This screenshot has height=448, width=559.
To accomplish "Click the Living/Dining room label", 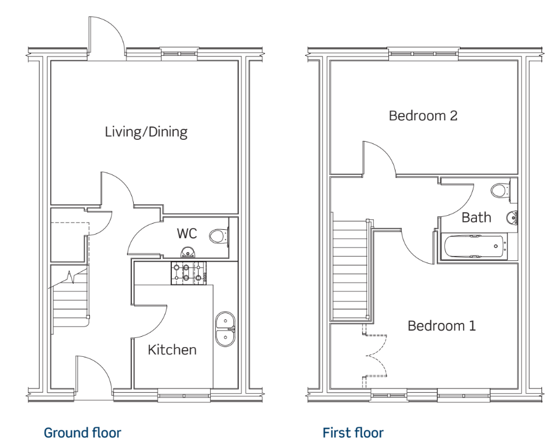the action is coord(146,132).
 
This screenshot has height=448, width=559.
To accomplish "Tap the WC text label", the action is coord(187,233).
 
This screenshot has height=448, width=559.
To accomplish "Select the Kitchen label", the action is coord(172,350).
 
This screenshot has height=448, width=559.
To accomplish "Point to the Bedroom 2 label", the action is coord(423,115).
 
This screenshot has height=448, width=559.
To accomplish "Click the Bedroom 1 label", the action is coord(441,326).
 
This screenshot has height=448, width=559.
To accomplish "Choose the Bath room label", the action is coord(476,217).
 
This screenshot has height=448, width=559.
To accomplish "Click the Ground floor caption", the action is coord(83,433).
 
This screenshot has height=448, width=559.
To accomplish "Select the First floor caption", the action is coord(353,433).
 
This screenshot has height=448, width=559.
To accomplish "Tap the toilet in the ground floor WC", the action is coord(219,236).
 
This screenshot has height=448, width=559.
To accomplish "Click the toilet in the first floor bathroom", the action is coord(502,190).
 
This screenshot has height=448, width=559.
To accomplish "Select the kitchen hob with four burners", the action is coord(188,273).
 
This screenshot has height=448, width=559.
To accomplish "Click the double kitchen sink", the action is coord(225,329).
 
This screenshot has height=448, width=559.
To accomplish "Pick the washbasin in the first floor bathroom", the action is coord(512,217).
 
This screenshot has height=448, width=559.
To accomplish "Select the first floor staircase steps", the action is coord(350,270).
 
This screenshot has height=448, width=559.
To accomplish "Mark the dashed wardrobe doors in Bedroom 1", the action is coord(375,356).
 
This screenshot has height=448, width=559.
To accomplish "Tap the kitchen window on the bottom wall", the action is coord(184,396).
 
